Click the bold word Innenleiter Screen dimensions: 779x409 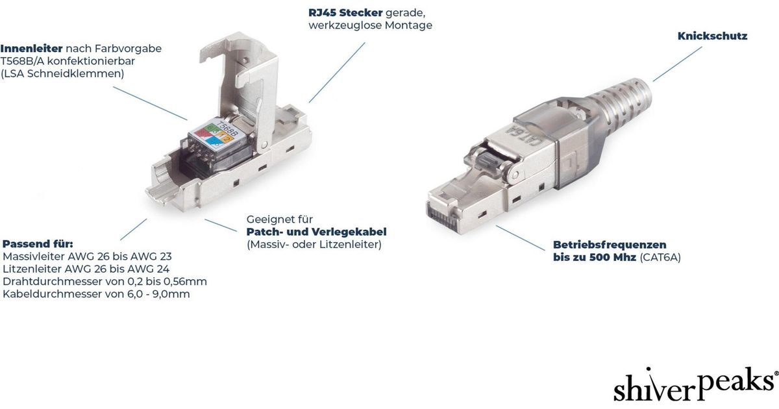(x=31, y=48)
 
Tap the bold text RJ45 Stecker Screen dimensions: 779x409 (x=345, y=13)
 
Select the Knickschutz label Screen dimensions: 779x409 (x=712, y=36)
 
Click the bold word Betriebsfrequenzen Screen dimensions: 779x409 (x=610, y=245)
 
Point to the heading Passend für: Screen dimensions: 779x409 (x=38, y=243)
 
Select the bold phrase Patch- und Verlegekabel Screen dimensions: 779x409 (x=317, y=232)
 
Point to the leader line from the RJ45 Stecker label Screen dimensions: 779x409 (x=337, y=72)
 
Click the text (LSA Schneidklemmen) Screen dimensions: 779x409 (x=62, y=74)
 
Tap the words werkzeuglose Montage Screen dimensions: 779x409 (x=371, y=25)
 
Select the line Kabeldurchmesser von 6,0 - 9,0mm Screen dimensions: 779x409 (x=96, y=294)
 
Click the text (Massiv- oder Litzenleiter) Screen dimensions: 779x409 (x=314, y=245)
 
